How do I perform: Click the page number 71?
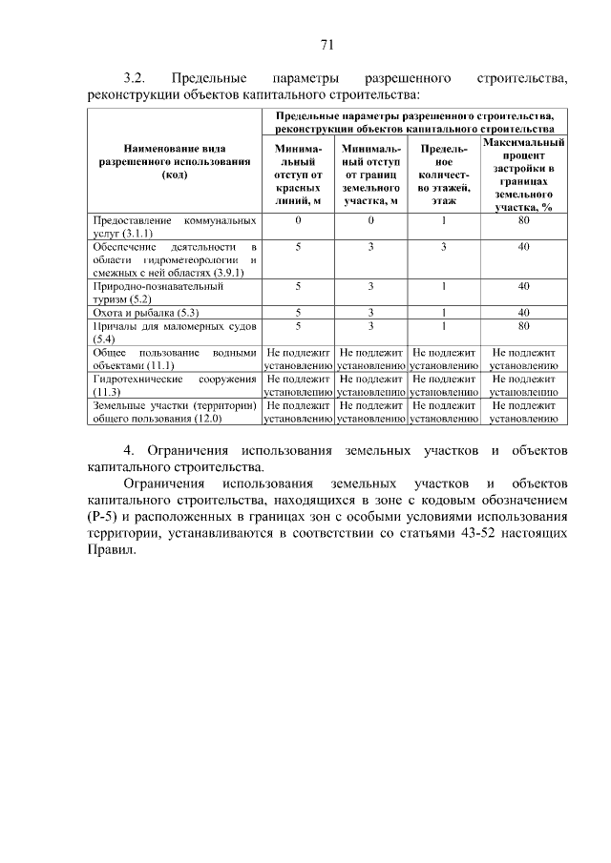pos(326,44)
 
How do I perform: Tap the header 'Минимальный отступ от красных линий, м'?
pos(297,175)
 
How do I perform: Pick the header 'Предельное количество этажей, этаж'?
pos(443,175)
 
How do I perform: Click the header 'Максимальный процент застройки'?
pos(523,174)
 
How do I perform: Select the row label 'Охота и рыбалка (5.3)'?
pos(144,312)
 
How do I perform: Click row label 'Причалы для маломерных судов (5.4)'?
pos(174,332)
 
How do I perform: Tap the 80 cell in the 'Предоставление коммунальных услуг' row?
pos(523,220)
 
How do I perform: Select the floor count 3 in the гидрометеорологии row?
pos(443,246)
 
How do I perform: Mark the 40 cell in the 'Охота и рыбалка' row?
pos(523,312)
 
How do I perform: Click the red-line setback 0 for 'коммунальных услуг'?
pos(297,220)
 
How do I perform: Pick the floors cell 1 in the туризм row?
pos(443,286)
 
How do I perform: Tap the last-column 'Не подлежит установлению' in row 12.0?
pos(523,412)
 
